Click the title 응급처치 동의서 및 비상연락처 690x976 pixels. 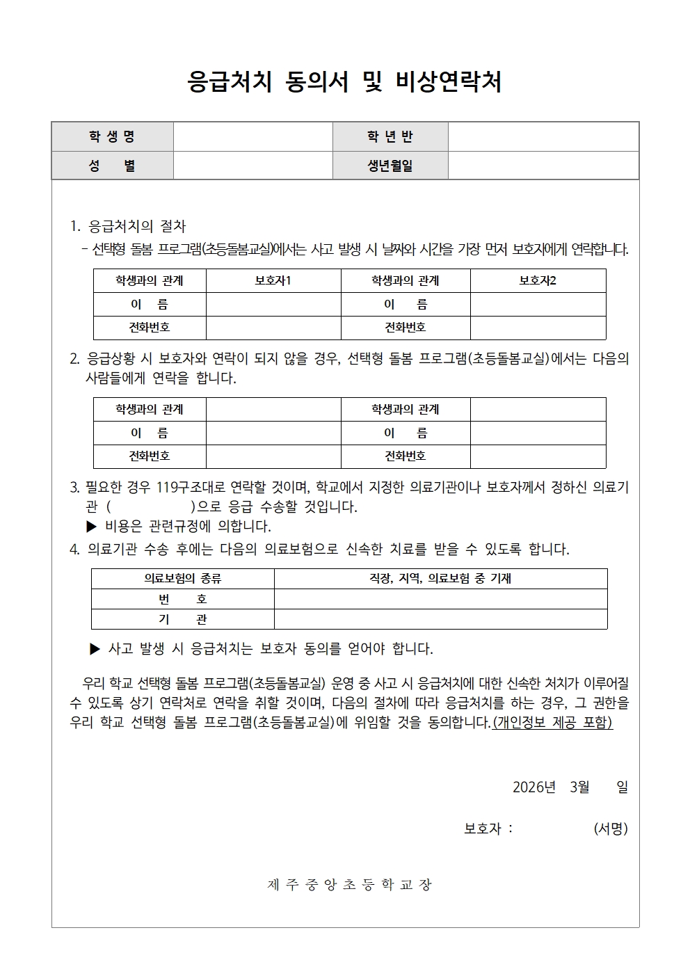point(344,83)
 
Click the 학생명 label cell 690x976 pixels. point(112,136)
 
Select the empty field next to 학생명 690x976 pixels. point(252,136)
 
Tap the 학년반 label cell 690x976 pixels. point(390,136)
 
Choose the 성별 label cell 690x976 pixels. point(112,166)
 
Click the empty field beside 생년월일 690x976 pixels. point(543,166)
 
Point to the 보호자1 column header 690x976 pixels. point(273,280)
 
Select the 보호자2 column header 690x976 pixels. point(538,280)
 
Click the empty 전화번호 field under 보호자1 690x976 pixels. point(273,327)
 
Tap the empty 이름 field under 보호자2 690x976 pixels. point(538,304)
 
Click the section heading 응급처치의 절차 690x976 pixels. point(137,226)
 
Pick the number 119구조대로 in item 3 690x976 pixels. point(188,487)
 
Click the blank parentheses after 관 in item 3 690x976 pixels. point(150,506)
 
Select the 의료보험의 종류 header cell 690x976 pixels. point(182,578)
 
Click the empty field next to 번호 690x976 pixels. point(440,599)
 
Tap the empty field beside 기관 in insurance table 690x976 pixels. point(440,619)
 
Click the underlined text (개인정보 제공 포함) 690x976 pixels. point(552,722)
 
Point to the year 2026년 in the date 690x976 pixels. point(534,787)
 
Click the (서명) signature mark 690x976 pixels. point(610,829)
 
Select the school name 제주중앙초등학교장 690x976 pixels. point(349,884)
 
